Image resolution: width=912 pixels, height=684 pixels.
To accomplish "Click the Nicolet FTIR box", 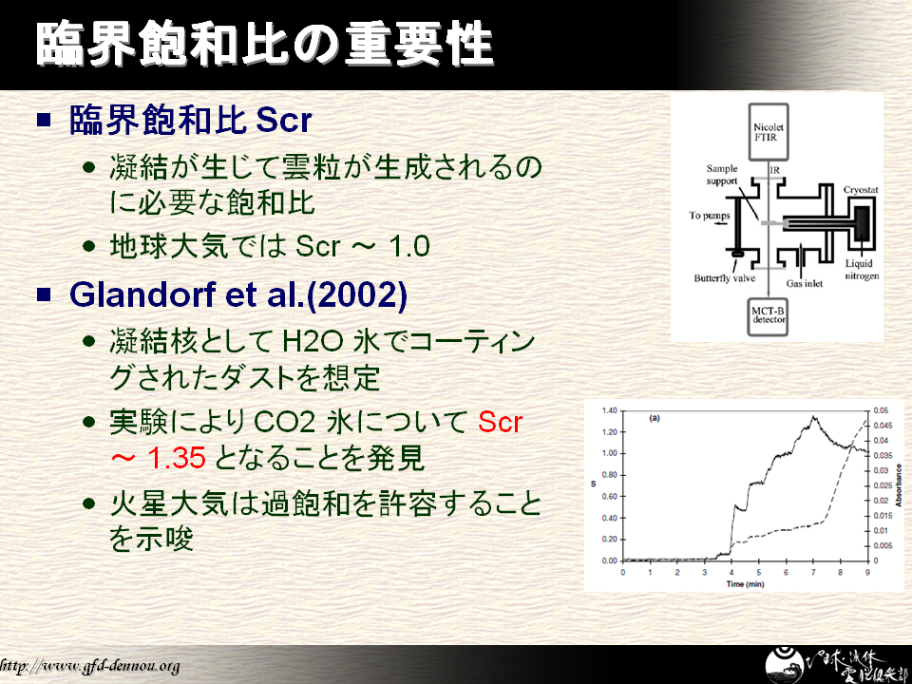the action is point(768,132).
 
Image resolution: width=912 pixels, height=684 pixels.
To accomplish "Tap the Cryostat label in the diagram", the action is point(861,190).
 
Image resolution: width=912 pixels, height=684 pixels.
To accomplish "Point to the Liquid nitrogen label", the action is point(862,269).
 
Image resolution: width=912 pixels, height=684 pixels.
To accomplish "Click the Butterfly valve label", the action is point(724,278).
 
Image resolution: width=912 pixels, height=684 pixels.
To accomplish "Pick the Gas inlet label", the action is point(805,283).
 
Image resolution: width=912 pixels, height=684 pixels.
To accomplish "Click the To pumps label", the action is point(709,216).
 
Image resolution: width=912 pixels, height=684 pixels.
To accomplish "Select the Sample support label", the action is point(722,175).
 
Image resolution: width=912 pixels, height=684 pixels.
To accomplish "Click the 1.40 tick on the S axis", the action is point(609,410).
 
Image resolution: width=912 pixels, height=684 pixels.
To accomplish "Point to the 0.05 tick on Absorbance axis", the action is point(881,410).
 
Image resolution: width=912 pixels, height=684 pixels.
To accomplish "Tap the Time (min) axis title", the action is point(745,584).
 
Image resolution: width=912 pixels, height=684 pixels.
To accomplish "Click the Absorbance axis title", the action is point(899,485).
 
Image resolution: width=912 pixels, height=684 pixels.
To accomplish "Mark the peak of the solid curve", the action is point(813,416).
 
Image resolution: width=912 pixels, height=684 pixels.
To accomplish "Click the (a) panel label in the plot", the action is point(655,418).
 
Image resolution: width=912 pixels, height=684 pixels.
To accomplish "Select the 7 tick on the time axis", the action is point(813,572).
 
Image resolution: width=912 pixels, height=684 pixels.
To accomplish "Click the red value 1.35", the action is point(177,458).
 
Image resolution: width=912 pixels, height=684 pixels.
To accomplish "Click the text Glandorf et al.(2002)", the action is point(237,294).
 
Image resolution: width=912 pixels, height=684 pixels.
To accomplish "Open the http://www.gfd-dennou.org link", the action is point(89,665).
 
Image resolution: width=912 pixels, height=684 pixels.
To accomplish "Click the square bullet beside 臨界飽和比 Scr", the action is point(45,120).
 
